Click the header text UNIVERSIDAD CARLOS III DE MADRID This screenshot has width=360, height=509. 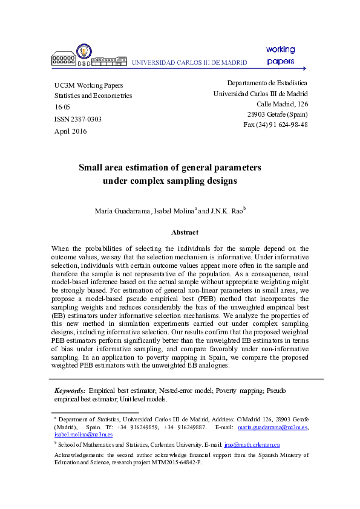pyautogui.click(x=189, y=62)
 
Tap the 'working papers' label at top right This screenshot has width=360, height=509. pyautogui.click(x=280, y=55)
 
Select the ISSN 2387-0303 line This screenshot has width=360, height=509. pyautogui.click(x=77, y=119)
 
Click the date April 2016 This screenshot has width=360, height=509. pyautogui.click(x=71, y=131)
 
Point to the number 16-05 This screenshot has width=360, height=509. pyautogui.click(x=62, y=107)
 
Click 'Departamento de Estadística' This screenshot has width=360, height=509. pyautogui.click(x=267, y=83)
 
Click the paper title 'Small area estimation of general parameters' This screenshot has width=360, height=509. pyautogui.click(x=170, y=167)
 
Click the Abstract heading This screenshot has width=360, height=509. pyautogui.click(x=185, y=232)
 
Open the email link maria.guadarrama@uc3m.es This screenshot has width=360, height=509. pyautogui.click(x=272, y=427)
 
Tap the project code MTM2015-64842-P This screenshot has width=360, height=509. pyautogui.click(x=171, y=462)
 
